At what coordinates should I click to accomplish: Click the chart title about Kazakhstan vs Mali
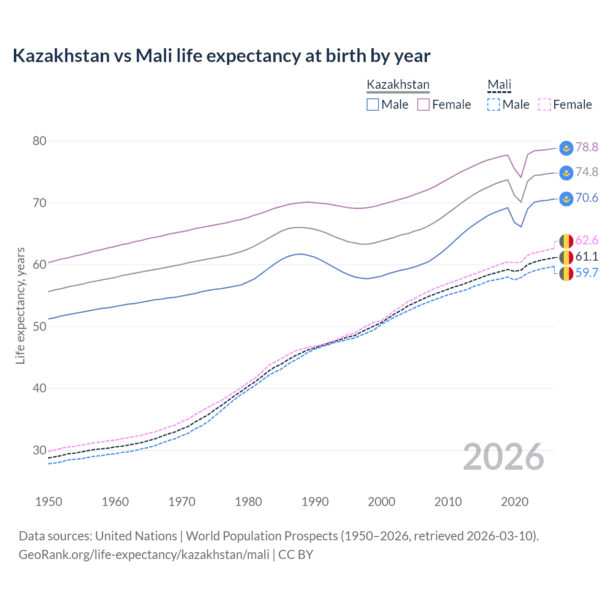coord(221,56)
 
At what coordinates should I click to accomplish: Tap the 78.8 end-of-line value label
coord(587,147)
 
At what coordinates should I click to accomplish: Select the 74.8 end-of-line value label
coord(587,172)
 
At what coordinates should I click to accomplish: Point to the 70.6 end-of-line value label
coord(587,198)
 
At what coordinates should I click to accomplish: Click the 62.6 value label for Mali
coord(587,240)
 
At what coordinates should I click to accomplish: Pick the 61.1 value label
coord(587,256)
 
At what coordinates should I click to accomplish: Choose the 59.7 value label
coord(587,273)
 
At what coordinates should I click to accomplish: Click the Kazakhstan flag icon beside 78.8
coord(566,147)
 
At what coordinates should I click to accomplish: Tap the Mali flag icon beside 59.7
coord(566,274)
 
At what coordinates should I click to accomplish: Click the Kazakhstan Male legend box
coord(373,105)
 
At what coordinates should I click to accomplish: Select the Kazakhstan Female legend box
coord(423,105)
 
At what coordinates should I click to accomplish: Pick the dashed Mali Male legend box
coord(494,105)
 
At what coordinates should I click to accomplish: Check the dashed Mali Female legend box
coord(545,105)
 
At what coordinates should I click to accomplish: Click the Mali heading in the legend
coord(499,85)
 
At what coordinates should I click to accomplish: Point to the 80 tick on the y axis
coord(40,141)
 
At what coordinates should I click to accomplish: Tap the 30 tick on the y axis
coord(40,450)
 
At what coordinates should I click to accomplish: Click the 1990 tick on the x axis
coord(315,502)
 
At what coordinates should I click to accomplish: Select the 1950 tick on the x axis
coord(49,502)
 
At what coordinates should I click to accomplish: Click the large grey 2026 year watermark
coord(504,457)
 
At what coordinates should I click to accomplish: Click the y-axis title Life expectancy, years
coord(20,305)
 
